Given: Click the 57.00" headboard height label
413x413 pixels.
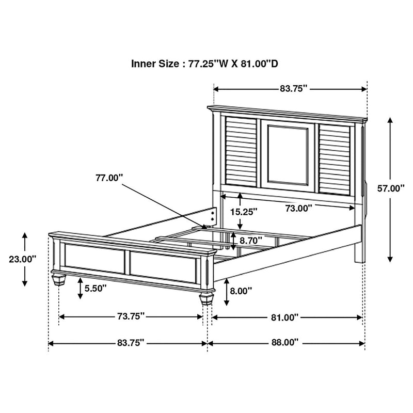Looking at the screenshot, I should tap(391, 188).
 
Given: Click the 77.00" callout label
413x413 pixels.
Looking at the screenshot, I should tap(109, 178).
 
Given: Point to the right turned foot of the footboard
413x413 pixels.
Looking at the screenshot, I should tap(205, 301).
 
